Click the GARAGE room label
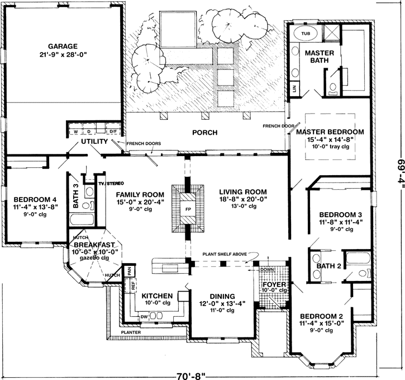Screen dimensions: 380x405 tap(62, 46)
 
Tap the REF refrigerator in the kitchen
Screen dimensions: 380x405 tap(134, 285)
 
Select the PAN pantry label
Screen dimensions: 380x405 tap(128, 270)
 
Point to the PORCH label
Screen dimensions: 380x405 tap(204, 133)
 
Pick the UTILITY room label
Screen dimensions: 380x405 tap(94, 142)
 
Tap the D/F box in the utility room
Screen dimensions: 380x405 tap(113, 132)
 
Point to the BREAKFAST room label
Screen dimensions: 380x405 tap(94, 245)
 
